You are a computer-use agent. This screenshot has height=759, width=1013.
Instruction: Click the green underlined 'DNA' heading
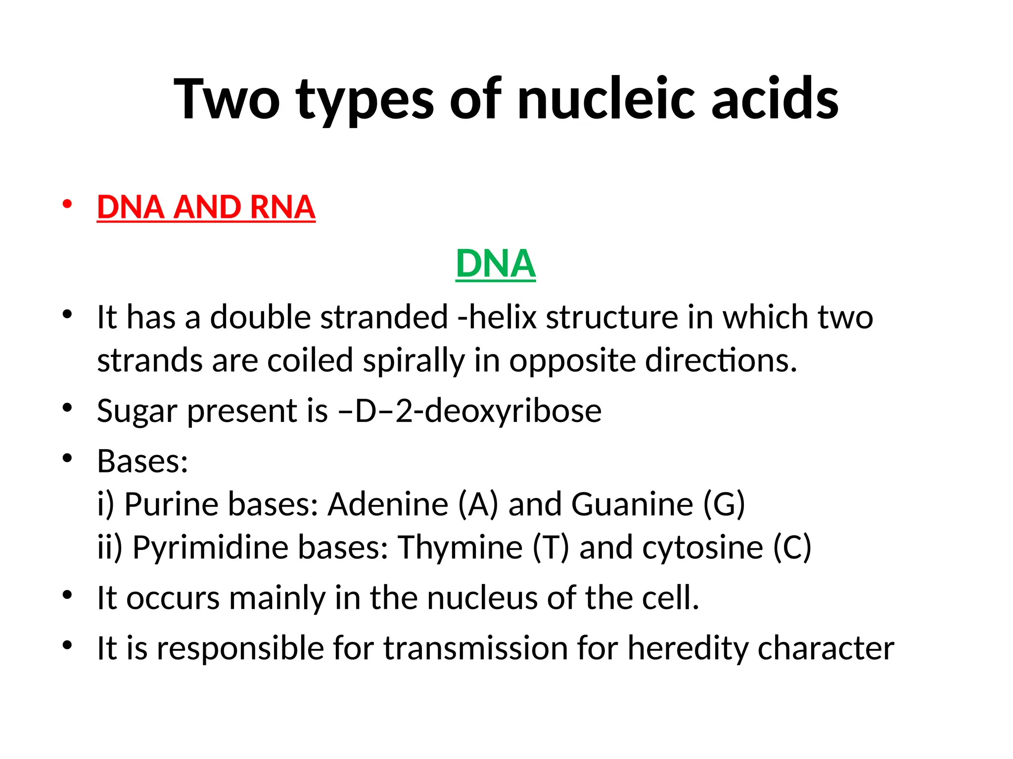click(496, 264)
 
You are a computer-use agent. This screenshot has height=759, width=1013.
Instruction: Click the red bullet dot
click(67, 204)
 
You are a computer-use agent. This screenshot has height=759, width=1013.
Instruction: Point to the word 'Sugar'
click(137, 412)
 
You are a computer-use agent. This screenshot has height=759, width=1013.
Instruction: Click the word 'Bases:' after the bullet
click(142, 462)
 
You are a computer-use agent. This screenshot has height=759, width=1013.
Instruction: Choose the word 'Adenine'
click(388, 505)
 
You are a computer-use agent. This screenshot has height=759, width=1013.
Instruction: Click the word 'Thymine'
click(460, 548)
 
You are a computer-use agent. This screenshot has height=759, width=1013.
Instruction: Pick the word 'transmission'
click(475, 648)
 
